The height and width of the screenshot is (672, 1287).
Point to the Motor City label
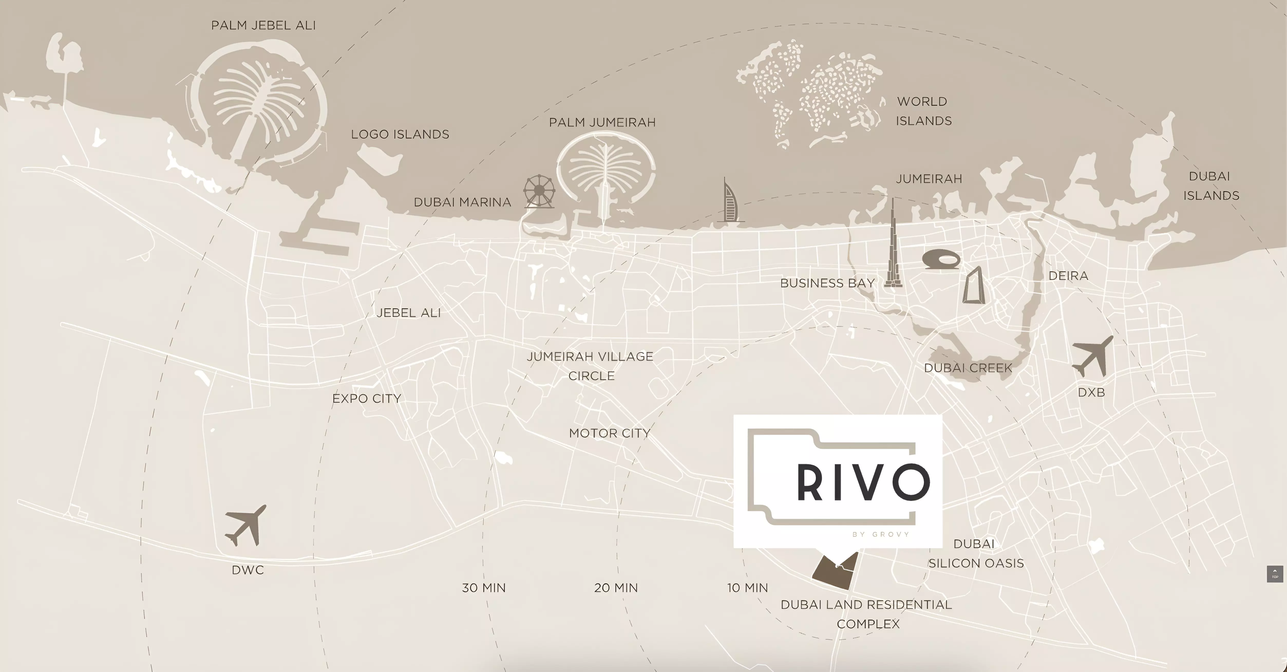pyautogui.click(x=610, y=433)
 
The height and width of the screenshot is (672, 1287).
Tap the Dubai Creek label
pyautogui.click(x=968, y=368)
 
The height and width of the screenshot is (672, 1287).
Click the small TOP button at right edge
pyautogui.click(x=1274, y=574)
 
